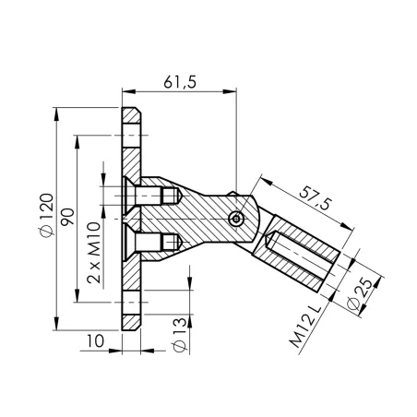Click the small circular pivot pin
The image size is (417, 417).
[x=237, y=218]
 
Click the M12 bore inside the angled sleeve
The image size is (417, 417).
[x=292, y=254]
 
